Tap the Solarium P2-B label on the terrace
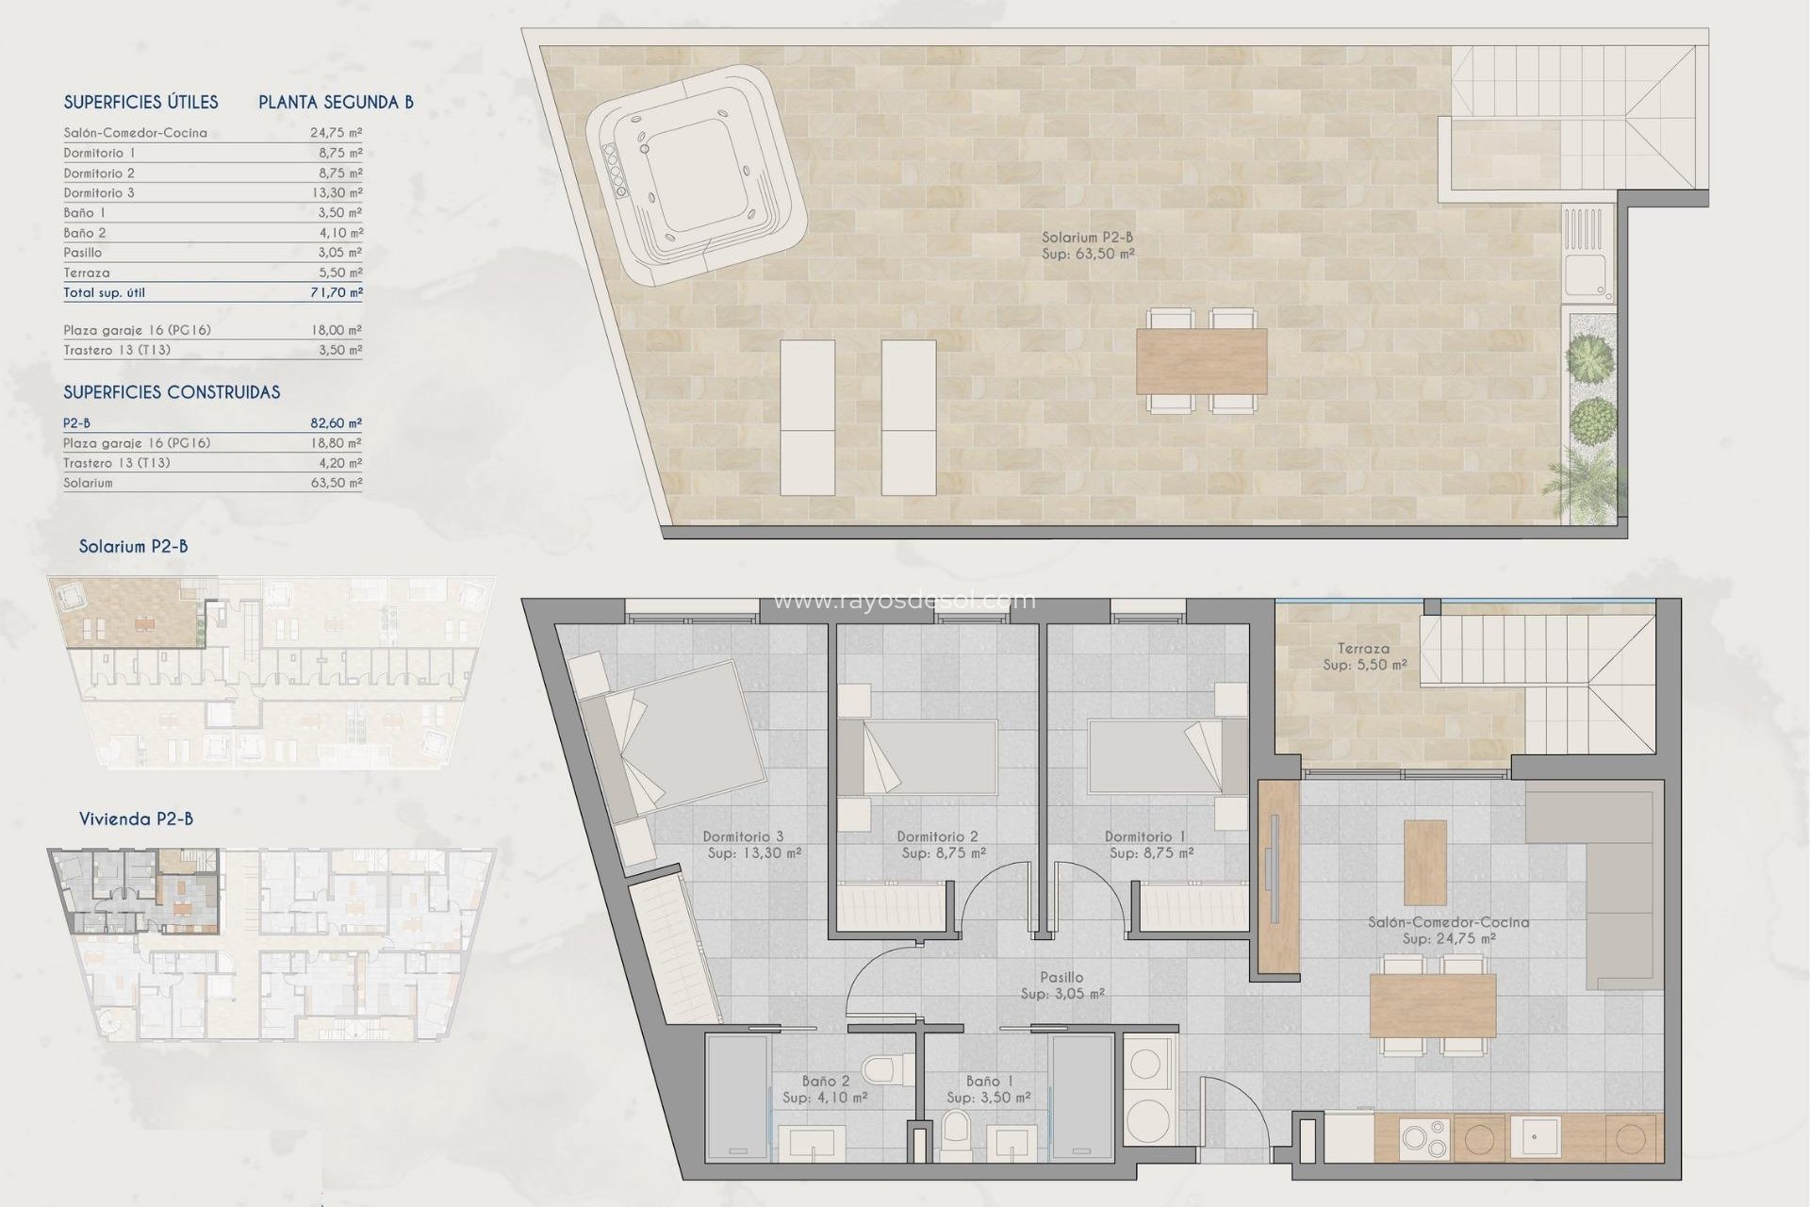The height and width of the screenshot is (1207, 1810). (1087, 245)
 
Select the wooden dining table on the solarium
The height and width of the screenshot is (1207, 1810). (1201, 361)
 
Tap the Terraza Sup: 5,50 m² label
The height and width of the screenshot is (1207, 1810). (1363, 656)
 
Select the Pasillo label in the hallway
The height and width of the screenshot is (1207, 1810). (1061, 985)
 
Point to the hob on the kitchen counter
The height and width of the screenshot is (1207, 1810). (1423, 1138)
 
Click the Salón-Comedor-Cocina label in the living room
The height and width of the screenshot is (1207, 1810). (1448, 930)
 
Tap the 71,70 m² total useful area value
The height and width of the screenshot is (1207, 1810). (336, 292)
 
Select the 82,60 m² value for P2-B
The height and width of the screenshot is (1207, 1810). (336, 423)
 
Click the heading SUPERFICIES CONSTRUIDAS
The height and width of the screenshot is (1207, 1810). (172, 392)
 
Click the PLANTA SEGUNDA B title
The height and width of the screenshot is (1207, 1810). (336, 102)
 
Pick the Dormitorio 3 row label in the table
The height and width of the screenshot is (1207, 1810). (99, 192)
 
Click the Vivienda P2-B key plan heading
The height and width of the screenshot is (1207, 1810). (136, 818)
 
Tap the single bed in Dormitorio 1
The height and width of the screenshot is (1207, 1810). (1154, 757)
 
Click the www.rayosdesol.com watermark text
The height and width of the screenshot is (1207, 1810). (903, 601)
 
